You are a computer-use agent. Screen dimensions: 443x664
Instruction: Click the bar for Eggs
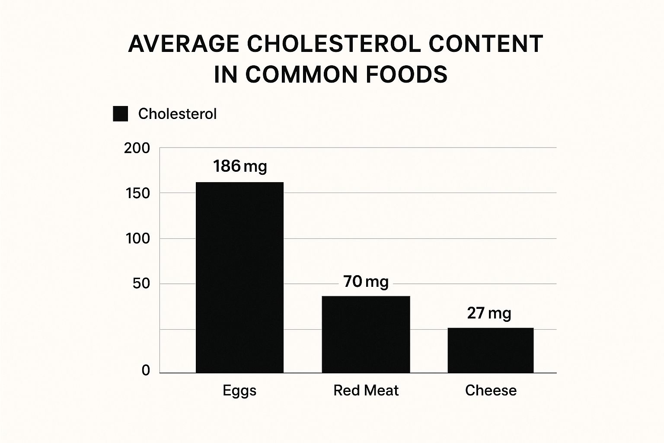tap(239, 277)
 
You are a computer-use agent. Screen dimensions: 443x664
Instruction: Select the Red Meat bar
tap(366, 334)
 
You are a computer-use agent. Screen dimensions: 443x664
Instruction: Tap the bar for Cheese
tap(490, 350)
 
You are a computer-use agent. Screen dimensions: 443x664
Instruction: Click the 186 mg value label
tap(240, 166)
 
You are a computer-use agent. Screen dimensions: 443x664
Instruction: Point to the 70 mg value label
tap(366, 282)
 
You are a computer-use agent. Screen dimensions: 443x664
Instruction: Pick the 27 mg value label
tap(489, 313)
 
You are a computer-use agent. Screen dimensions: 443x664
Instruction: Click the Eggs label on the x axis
tap(239, 391)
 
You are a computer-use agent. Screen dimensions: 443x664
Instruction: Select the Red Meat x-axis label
tap(366, 391)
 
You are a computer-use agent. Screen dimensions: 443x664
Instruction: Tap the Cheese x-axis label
tap(491, 391)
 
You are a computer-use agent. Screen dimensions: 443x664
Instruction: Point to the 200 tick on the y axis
tap(137, 148)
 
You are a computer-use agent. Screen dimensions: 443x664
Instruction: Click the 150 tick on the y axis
tap(137, 193)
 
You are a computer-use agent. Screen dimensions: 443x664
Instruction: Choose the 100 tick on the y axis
tap(137, 238)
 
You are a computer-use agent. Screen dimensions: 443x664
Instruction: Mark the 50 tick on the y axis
tap(141, 284)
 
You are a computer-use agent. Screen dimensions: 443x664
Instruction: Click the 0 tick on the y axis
tap(146, 370)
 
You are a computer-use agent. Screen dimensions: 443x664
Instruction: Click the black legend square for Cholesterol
tap(120, 114)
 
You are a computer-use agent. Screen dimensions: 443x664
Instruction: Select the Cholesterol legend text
tap(177, 114)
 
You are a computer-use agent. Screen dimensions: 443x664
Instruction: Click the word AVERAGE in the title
tap(184, 44)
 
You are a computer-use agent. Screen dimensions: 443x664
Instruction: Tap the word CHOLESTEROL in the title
tap(333, 44)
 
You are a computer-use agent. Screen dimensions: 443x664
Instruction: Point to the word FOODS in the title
tap(406, 74)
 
